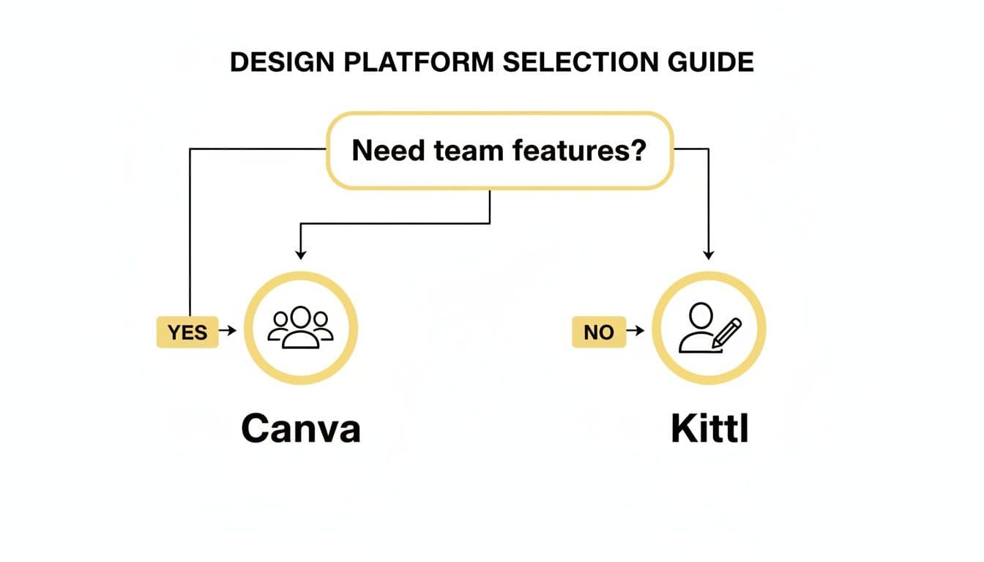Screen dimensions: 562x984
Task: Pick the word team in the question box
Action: (x=468, y=151)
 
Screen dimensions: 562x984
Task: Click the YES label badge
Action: (x=187, y=332)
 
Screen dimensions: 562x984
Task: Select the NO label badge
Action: (x=598, y=332)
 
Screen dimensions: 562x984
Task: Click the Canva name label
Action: (x=301, y=429)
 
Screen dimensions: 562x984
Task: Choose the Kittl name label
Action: (x=709, y=429)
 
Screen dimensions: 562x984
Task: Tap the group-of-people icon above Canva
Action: (x=300, y=327)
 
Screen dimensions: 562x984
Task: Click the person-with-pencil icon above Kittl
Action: (x=709, y=327)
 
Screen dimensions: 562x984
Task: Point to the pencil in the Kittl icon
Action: (x=728, y=332)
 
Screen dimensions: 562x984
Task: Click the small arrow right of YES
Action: (x=228, y=331)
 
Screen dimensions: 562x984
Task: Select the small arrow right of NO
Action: (x=637, y=331)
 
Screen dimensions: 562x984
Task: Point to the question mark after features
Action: (x=638, y=151)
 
